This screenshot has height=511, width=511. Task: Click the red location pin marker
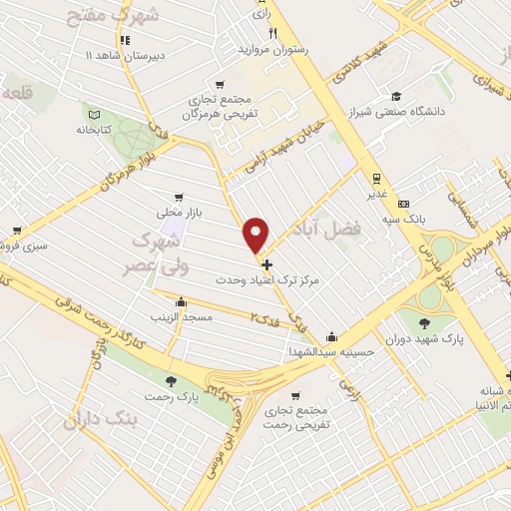pos(257,236)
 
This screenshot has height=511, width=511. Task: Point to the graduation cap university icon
pos(396,97)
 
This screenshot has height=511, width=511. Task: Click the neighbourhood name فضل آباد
pos(380,231)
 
